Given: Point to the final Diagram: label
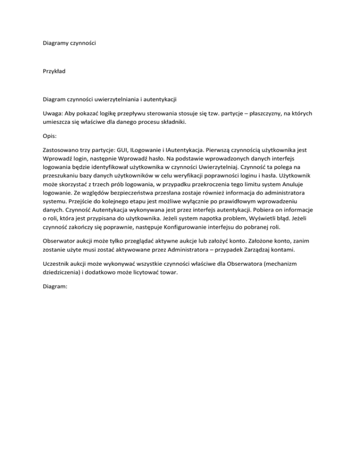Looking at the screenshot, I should pos(55,294).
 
